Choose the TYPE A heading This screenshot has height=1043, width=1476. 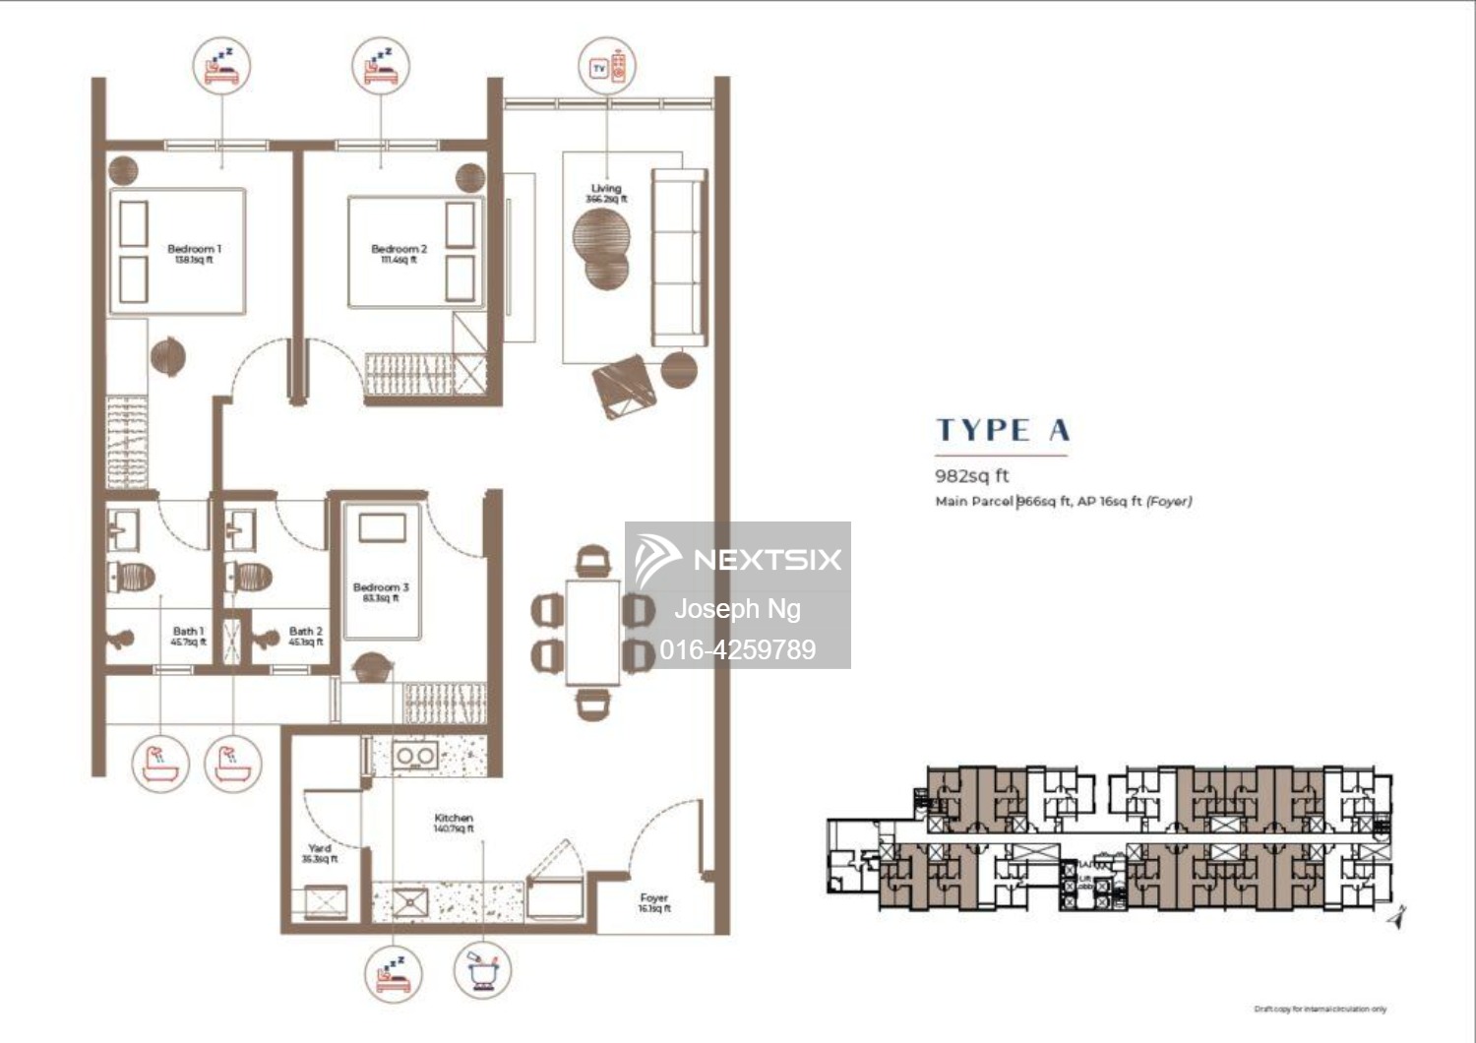(1002, 430)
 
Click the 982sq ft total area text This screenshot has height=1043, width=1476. (971, 476)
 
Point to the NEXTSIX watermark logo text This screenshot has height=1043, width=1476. (767, 560)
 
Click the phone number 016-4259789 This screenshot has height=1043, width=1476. (737, 649)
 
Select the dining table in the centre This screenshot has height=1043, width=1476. (592, 632)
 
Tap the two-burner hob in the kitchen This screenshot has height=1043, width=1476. (414, 756)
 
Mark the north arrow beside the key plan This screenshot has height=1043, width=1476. (1397, 916)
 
